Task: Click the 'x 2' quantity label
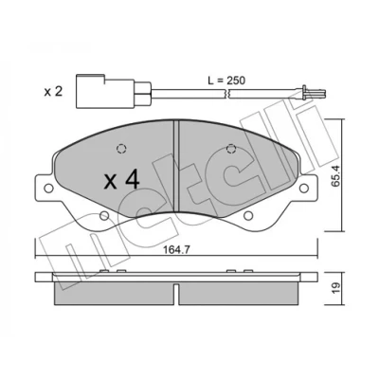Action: pyautogui.click(x=53, y=92)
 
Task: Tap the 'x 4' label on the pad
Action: pyautogui.click(x=121, y=181)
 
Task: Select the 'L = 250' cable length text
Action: pyautogui.click(x=226, y=81)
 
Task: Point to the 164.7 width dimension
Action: pyautogui.click(x=176, y=250)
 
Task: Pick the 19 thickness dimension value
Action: pyautogui.click(x=336, y=287)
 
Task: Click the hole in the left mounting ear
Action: pyautogui.click(x=48, y=189)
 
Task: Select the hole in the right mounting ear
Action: pyautogui.click(x=303, y=189)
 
